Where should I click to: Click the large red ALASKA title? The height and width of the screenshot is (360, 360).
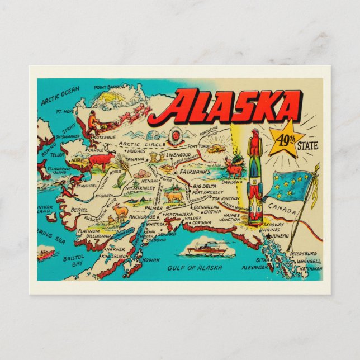click(234, 107)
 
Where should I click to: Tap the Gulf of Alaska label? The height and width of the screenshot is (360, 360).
click(193, 268)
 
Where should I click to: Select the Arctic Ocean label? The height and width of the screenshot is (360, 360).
click(60, 95)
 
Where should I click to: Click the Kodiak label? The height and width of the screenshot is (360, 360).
click(151, 260)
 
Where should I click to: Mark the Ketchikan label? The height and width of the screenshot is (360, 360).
click(311, 268)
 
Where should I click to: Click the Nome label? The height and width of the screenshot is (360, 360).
click(77, 160)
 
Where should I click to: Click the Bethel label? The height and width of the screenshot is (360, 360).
click(79, 210)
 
